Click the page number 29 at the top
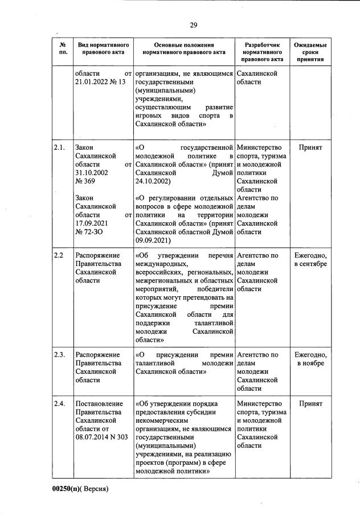tap(193, 24)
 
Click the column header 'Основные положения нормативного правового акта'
tap(184, 51)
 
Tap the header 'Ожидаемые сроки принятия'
tap(310, 51)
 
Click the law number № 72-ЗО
tap(89, 232)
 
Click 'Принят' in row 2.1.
tap(310, 148)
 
